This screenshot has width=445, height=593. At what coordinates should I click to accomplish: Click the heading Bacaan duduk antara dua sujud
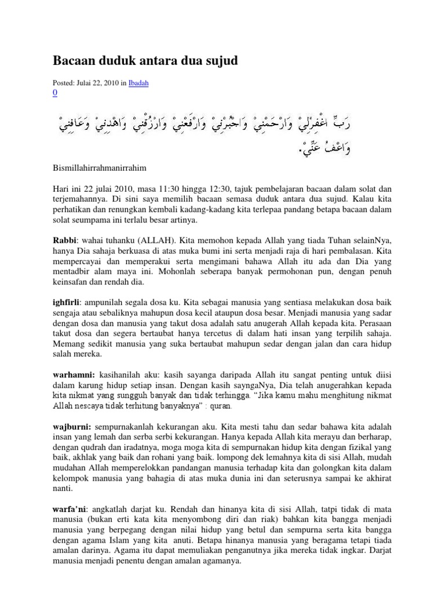145,60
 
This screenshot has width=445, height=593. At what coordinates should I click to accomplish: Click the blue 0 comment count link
55,92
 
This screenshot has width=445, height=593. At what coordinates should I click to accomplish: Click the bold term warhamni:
74,375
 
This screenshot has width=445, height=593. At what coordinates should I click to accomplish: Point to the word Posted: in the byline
63,83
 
